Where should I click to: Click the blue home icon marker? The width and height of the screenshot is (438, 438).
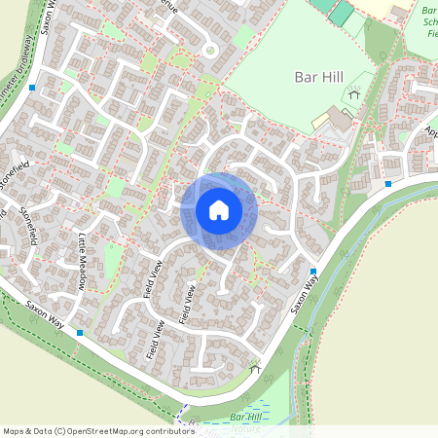[218, 210]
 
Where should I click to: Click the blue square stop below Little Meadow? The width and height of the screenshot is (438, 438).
[80, 333]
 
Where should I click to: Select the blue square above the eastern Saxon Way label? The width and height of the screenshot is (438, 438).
[313, 272]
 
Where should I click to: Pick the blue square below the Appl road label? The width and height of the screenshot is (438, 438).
[388, 183]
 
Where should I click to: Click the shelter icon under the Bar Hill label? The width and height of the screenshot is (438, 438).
[354, 95]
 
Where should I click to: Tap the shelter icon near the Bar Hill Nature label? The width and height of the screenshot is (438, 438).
[255, 368]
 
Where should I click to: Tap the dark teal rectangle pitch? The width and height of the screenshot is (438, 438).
[341, 13]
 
